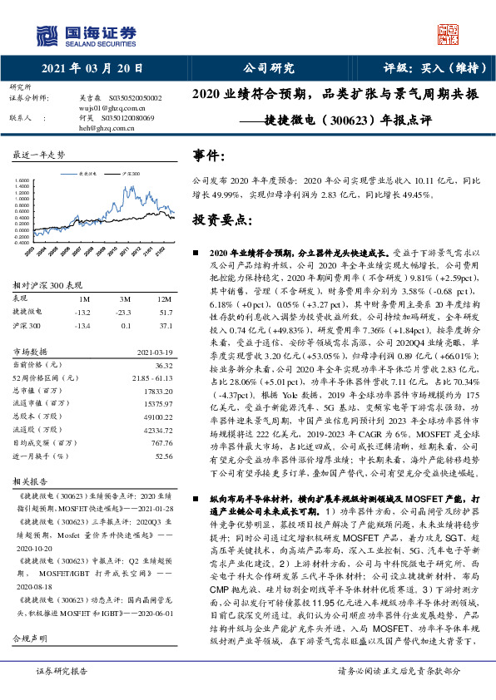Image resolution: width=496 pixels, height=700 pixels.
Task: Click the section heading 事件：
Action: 209,155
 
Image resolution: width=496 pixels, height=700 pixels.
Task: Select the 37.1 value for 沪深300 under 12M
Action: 166,326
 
